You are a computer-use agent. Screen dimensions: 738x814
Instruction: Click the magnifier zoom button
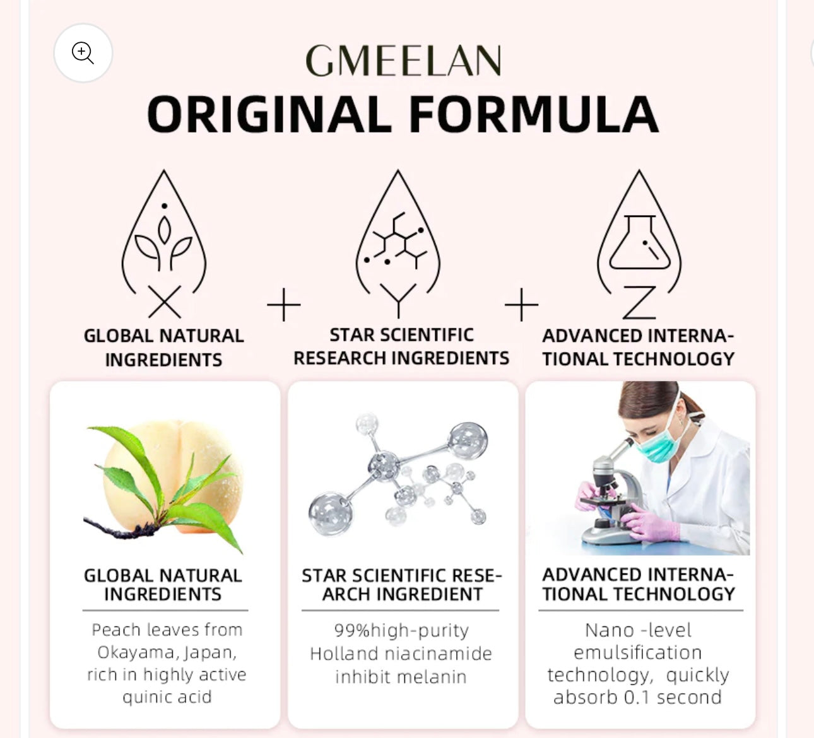pyautogui.click(x=83, y=53)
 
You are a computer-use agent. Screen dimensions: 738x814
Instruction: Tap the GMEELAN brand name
pyautogui.click(x=403, y=61)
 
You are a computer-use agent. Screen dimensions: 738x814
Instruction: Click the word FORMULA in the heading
pyautogui.click(x=533, y=115)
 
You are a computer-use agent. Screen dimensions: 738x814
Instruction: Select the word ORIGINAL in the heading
pyautogui.click(x=269, y=115)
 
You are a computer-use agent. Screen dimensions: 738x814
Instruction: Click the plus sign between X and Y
pyautogui.click(x=284, y=305)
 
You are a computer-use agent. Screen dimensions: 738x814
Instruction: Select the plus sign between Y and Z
pyautogui.click(x=522, y=305)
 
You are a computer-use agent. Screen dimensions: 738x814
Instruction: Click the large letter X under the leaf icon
pyautogui.click(x=165, y=302)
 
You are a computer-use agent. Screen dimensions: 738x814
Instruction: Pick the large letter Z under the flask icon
pyautogui.click(x=639, y=303)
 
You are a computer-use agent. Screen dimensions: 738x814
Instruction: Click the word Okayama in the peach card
pyautogui.click(x=129, y=652)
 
